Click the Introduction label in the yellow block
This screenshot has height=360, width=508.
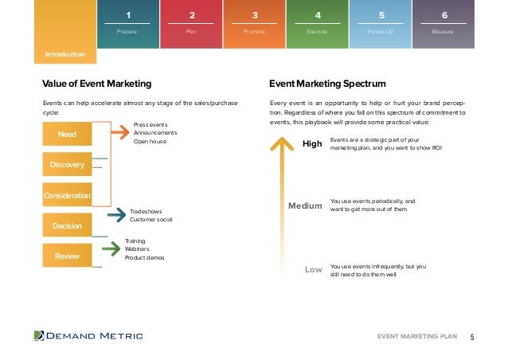tap(64, 55)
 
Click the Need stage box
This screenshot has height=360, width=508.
tap(68, 135)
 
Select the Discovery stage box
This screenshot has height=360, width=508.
tap(68, 165)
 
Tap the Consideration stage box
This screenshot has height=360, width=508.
tap(68, 195)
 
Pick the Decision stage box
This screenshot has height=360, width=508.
tap(68, 226)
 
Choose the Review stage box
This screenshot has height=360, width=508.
tap(68, 256)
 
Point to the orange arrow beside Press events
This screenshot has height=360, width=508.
tap(117, 133)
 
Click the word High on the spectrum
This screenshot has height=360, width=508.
tap(311, 143)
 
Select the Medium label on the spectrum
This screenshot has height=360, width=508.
tap(305, 206)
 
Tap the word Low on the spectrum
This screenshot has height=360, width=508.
tap(314, 270)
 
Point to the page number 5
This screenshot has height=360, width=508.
tap(472, 337)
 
